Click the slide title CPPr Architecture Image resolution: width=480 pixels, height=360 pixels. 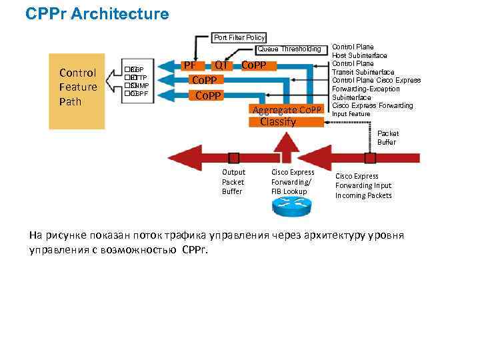[x=97, y=13]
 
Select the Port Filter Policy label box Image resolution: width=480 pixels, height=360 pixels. [x=239, y=37]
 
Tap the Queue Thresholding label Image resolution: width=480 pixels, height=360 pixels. [x=289, y=49]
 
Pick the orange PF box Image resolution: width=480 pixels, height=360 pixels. [x=190, y=65]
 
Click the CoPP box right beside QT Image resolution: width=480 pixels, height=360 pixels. [x=253, y=65]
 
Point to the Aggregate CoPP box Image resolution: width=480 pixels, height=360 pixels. [x=287, y=109]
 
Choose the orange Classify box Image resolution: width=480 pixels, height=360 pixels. [x=278, y=122]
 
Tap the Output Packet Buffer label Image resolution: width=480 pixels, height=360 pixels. [x=233, y=182]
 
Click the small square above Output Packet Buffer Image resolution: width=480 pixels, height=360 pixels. [x=233, y=158]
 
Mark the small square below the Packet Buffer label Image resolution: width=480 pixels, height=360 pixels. [x=370, y=158]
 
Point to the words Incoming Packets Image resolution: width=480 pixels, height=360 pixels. [x=363, y=195]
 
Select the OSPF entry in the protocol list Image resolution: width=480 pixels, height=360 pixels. [x=139, y=93]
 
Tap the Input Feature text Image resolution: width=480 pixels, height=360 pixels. [x=351, y=114]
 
